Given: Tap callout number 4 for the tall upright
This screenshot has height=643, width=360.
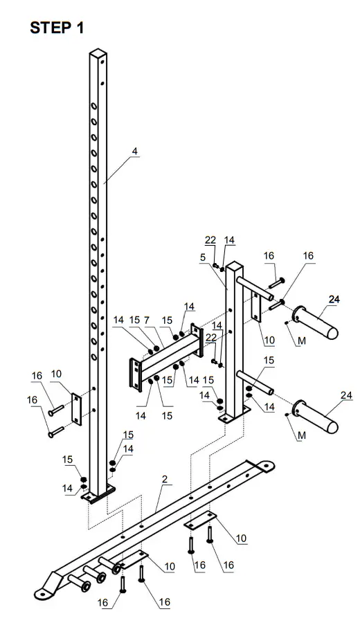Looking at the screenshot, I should click(x=134, y=151).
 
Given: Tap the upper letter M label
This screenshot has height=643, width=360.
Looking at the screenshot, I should click(x=300, y=341).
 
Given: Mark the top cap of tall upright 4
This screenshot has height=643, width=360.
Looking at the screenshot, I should click(x=99, y=53).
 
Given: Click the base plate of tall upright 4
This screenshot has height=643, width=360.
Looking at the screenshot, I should click(x=98, y=495).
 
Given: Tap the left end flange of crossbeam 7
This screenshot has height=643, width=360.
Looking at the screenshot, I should click(x=133, y=373).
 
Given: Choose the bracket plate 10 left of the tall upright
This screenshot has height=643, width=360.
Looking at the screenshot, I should click(x=77, y=409).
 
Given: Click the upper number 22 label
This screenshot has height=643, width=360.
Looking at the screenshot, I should click(x=210, y=240).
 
